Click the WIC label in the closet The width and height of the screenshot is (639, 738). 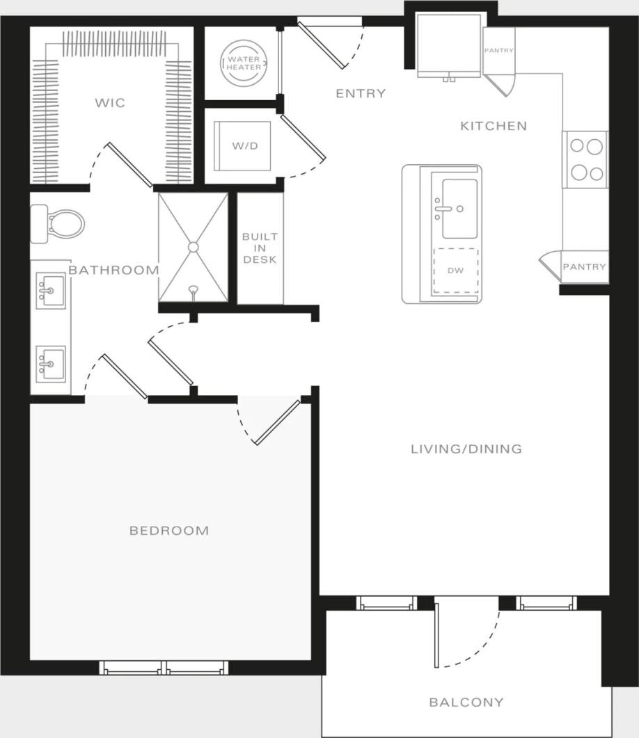pyautogui.click(x=110, y=103)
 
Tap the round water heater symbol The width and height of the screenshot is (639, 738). pyautogui.click(x=243, y=63)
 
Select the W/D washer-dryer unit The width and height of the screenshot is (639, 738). pyautogui.click(x=242, y=146)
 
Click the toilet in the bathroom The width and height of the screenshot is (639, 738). pyautogui.click(x=58, y=224)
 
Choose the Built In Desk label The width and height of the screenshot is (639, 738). pyautogui.click(x=260, y=248)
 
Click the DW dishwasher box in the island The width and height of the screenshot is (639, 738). pyautogui.click(x=456, y=271)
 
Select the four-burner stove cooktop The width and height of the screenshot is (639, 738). pyautogui.click(x=585, y=159)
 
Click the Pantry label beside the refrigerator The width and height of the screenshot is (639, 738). pyautogui.click(x=499, y=51)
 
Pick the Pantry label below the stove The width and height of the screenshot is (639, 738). pyautogui.click(x=584, y=266)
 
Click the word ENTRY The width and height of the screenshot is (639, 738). pyautogui.click(x=361, y=93)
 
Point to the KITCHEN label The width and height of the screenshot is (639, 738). pyautogui.click(x=494, y=126)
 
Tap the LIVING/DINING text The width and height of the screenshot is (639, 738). pyautogui.click(x=466, y=449)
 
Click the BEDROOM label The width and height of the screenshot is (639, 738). pyautogui.click(x=169, y=531)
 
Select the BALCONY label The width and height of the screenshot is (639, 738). pyautogui.click(x=466, y=702)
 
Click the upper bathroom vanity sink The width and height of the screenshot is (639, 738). pyautogui.click(x=51, y=291)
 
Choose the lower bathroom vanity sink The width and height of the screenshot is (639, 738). pyautogui.click(x=51, y=364)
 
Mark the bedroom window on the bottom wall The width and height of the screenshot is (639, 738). pyautogui.click(x=164, y=668)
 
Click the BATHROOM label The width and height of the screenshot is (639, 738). pyautogui.click(x=113, y=270)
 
